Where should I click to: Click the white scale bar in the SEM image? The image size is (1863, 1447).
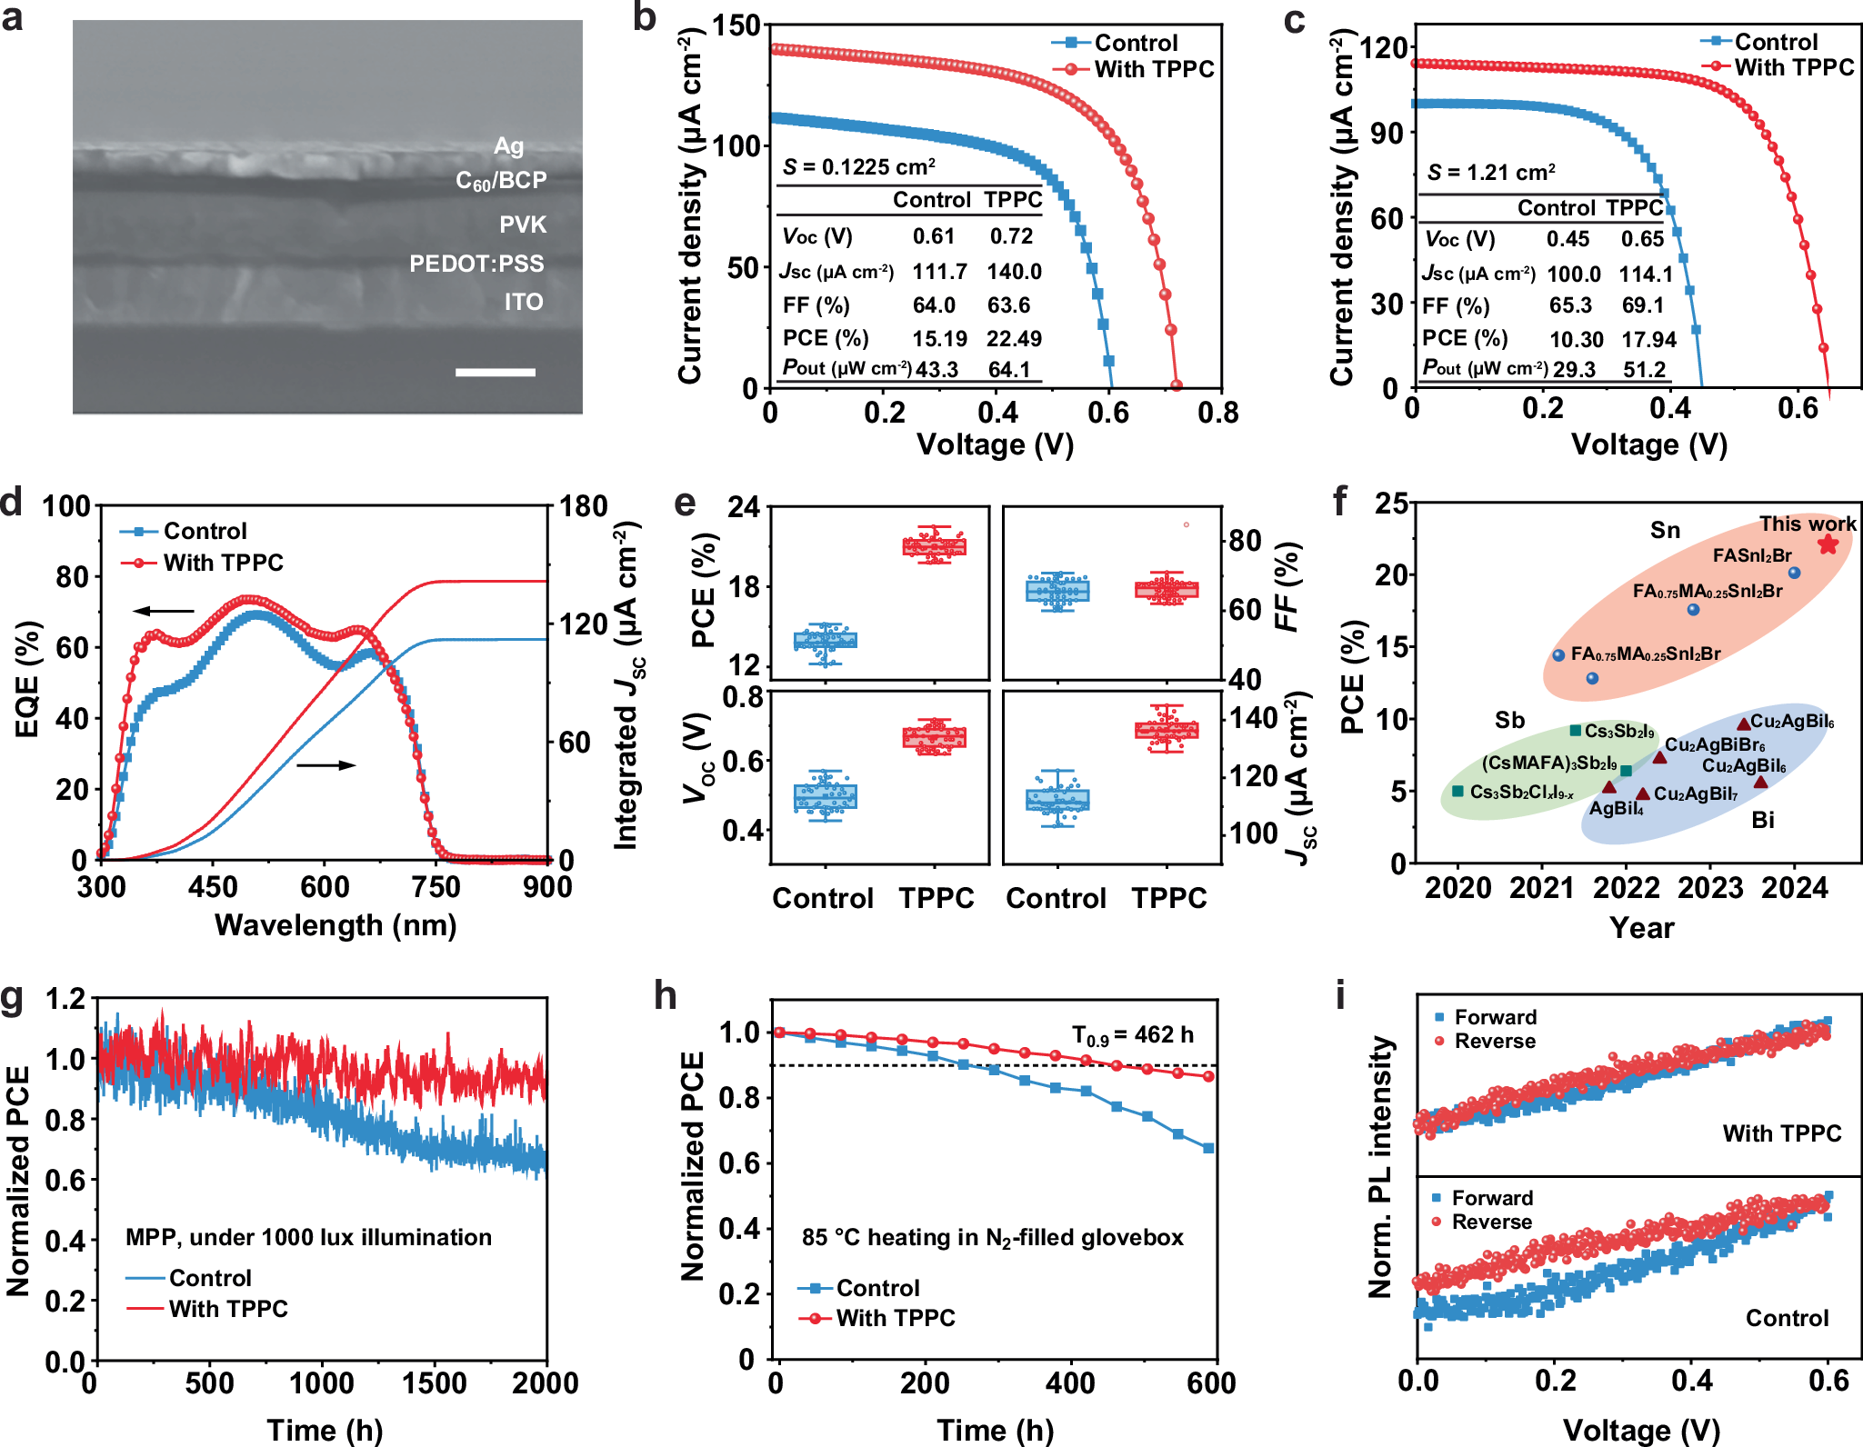pos(495,372)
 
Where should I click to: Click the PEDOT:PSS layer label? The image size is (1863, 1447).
pos(476,264)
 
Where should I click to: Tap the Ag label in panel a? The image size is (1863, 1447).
pos(508,146)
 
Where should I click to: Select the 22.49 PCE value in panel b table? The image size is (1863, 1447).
pos(1014,339)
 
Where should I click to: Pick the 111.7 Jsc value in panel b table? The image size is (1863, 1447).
pos(939,272)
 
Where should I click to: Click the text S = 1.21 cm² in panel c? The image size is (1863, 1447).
pos(1491,173)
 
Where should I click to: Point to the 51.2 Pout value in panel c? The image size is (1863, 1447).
pos(1644,369)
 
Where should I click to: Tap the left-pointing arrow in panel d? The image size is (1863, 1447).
pos(165,611)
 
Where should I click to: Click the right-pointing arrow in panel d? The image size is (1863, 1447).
pos(326,765)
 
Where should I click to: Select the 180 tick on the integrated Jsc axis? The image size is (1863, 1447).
pos(582,506)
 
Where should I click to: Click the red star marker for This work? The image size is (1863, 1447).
pos(1828,544)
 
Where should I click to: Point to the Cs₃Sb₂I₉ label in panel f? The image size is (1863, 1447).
pos(1618,731)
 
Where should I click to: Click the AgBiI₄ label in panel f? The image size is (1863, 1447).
pos(1616,808)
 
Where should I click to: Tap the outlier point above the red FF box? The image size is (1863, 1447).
pos(1186,524)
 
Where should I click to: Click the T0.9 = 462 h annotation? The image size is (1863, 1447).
pos(1132,1034)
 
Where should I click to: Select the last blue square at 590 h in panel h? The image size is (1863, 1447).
pos(1208,1148)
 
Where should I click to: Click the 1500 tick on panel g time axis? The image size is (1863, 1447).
pos(434,1383)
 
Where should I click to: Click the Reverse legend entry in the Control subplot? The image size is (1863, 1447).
pos(1491,1222)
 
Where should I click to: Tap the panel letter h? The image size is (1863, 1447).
pos(665,995)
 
